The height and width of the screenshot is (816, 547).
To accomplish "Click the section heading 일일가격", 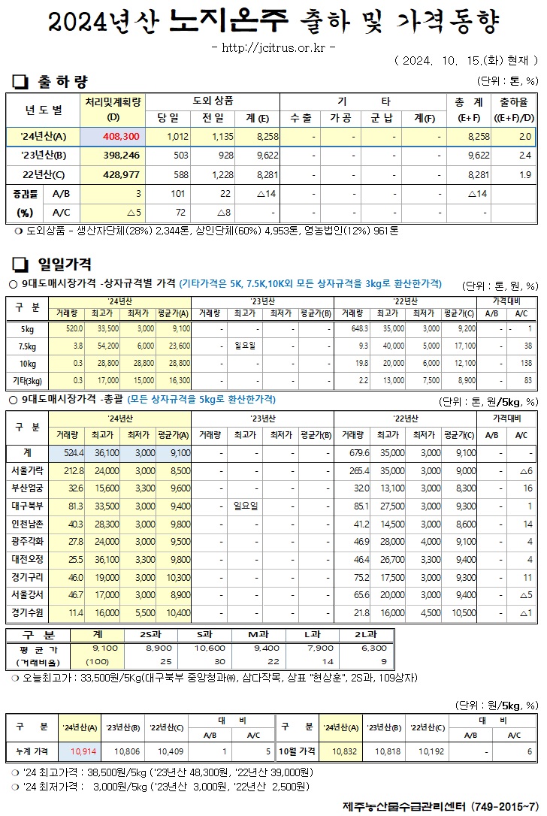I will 65,264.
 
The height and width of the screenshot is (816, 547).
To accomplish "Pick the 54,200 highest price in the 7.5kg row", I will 105,346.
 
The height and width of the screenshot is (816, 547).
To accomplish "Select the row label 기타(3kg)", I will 28,381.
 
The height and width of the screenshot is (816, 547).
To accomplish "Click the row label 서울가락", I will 28,470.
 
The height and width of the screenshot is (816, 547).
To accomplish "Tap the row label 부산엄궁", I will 28,488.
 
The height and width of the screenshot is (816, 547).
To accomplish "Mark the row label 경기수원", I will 28,613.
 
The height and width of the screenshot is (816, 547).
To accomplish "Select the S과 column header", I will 210,634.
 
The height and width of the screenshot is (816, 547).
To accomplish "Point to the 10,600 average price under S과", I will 210,647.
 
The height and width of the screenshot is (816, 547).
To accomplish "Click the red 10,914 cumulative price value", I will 83,751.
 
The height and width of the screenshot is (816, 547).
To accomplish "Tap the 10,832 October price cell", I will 343,751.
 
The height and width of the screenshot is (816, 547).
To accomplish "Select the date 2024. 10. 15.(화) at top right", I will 464,59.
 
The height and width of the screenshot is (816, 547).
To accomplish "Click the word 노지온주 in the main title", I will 228,22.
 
